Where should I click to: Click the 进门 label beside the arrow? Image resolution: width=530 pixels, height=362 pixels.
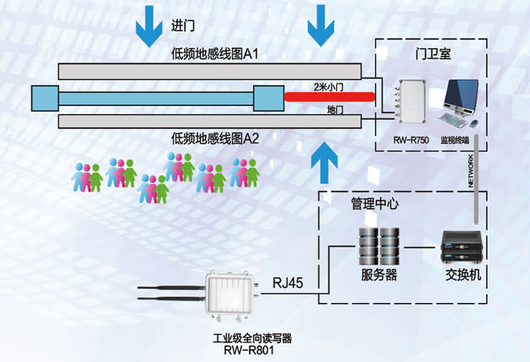183,25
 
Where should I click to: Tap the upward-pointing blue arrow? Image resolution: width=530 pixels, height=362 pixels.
324,163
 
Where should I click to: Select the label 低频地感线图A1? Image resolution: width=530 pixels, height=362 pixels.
214,54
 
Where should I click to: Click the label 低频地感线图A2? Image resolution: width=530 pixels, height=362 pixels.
215,139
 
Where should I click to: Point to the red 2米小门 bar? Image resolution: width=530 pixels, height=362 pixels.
329,97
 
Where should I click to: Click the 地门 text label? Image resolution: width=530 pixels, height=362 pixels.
335,110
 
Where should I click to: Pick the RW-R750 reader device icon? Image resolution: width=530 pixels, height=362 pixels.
410,102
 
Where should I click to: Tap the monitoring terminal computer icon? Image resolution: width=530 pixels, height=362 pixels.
459,104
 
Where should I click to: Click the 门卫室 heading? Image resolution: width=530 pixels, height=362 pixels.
433,54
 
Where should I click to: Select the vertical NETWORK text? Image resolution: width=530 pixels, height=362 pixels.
470,170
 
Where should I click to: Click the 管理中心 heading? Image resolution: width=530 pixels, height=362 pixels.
375,204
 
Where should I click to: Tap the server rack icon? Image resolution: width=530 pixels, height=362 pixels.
379,247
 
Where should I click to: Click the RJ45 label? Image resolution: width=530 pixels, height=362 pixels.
287,282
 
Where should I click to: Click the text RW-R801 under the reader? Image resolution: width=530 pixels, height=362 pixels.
249,350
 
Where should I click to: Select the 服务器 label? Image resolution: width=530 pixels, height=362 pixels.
379,275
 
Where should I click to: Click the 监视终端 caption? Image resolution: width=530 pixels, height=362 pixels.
455,140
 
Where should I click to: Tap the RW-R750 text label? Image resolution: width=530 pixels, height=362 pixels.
411,140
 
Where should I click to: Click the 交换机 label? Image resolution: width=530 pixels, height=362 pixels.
463,275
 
